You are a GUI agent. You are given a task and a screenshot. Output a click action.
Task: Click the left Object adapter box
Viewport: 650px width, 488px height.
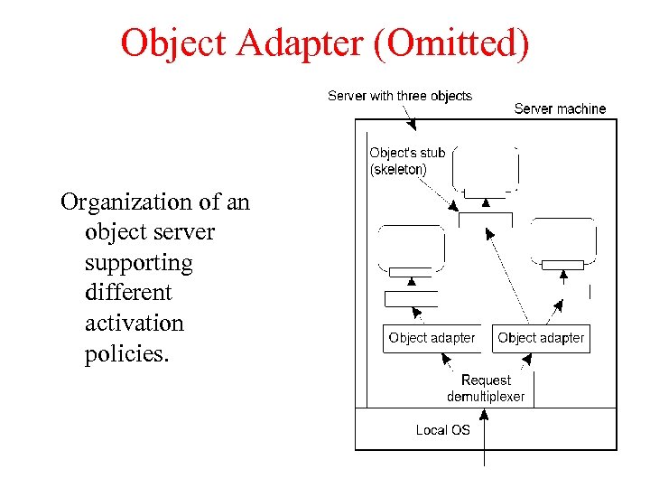(432, 338)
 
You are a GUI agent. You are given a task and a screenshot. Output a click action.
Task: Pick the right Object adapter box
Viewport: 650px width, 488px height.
(541, 338)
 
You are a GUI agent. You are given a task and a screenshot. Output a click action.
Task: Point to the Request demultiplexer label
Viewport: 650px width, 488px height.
(486, 389)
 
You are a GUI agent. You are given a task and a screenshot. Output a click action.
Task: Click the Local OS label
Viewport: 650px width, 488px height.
(442, 430)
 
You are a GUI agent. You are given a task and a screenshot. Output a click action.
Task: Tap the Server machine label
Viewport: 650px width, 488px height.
(560, 108)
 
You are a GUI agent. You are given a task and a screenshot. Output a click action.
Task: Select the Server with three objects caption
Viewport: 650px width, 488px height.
(399, 95)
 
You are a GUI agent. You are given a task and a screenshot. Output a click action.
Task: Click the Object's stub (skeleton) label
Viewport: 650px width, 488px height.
(406, 161)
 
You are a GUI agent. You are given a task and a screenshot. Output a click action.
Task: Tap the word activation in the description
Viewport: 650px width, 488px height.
(134, 324)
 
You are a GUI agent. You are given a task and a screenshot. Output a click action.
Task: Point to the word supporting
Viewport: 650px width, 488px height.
(138, 263)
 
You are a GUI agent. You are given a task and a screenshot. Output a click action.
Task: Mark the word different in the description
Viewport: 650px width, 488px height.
(128, 293)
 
